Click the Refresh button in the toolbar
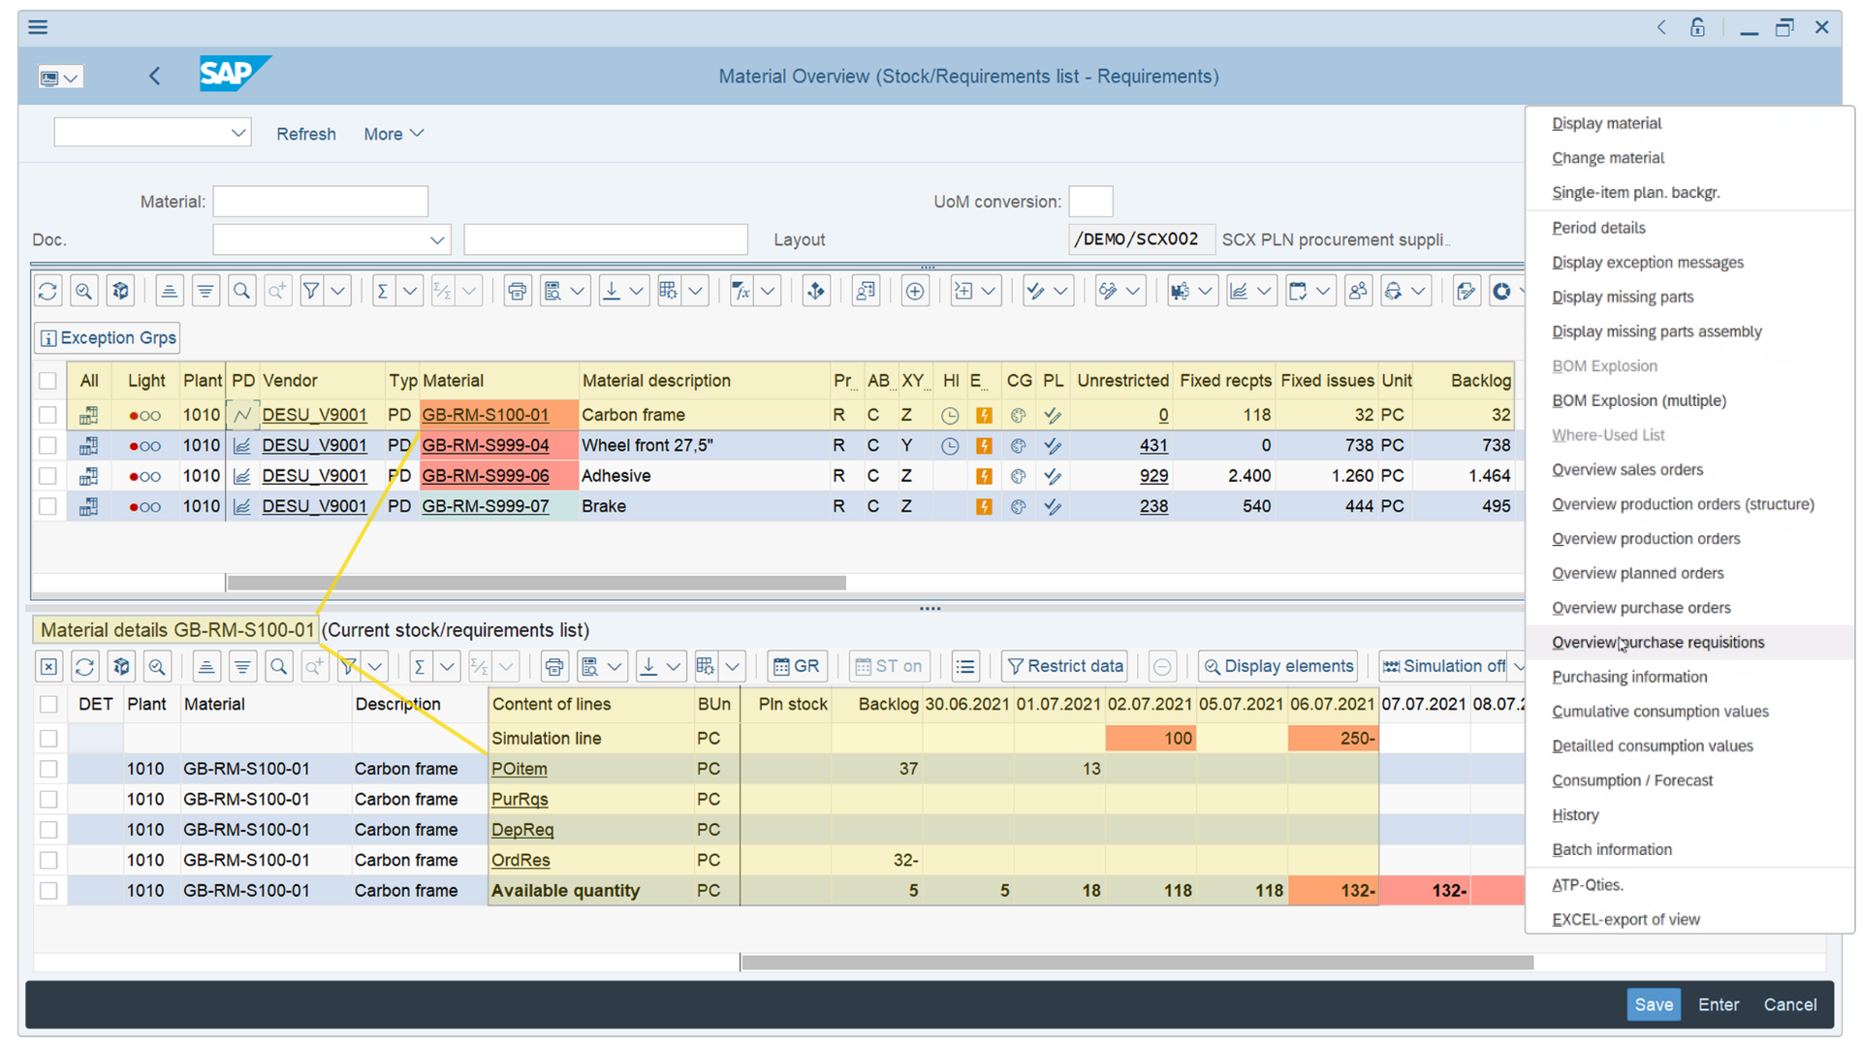tap(305, 134)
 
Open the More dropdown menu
tap(393, 134)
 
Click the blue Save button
tap(1653, 1004)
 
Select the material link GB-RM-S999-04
tap(485, 445)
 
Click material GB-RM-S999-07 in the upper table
tap(485, 506)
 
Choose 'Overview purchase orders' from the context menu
tap(1640, 608)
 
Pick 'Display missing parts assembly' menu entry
tap(1656, 332)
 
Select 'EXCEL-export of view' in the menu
tap(1624, 919)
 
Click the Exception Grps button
tap(108, 337)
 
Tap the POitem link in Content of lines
tap(519, 769)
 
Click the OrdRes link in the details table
tap(520, 860)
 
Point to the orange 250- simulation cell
tap(1333, 739)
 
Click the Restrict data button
tap(1064, 666)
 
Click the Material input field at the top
tap(320, 202)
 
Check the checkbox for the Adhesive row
tap(47, 476)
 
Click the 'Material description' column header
tap(656, 381)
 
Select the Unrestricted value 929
tap(1153, 476)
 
